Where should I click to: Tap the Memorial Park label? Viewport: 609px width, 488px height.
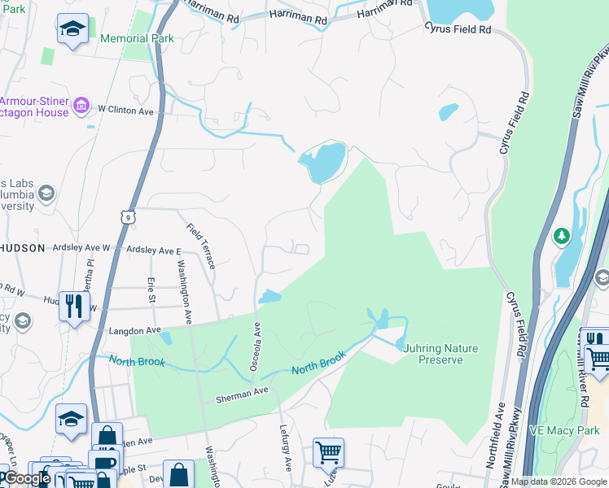click(136, 38)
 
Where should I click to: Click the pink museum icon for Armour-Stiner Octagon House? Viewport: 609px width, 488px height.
click(81, 106)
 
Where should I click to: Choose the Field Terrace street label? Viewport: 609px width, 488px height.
click(200, 246)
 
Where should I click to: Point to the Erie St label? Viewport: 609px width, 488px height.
click(151, 290)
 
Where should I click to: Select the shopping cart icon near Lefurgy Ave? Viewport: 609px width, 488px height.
click(328, 452)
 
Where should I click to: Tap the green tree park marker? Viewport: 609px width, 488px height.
click(561, 237)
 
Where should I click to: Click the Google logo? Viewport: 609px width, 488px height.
click(27, 478)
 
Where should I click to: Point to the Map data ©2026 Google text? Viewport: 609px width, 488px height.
click(559, 481)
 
